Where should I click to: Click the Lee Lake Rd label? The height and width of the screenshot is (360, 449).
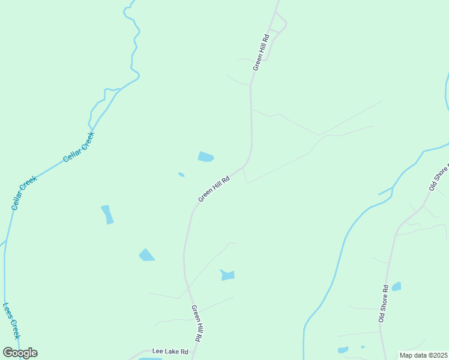(x=170, y=352)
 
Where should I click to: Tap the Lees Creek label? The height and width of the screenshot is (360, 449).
(x=11, y=321)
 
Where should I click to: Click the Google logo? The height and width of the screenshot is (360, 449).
(x=20, y=353)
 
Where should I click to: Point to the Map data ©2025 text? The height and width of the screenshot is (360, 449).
(x=423, y=355)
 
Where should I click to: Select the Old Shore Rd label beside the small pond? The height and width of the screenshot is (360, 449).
(x=384, y=304)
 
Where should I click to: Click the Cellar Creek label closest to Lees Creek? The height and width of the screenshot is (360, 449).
(x=24, y=192)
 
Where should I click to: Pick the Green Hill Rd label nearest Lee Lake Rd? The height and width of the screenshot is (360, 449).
(x=197, y=323)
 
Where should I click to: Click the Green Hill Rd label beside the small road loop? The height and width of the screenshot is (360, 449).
(x=261, y=52)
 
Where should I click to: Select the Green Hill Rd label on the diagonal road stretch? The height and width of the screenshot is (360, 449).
(x=214, y=188)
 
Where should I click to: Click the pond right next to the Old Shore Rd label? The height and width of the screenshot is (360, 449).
(x=396, y=287)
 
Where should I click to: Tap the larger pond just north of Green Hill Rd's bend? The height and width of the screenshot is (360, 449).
(x=205, y=157)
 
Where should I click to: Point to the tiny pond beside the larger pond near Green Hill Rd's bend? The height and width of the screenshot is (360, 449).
(x=181, y=175)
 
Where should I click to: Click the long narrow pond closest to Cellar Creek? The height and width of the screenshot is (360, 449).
(x=107, y=214)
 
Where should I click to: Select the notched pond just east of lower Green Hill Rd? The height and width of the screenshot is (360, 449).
(x=228, y=275)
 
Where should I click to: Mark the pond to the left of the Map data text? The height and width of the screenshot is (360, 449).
(x=343, y=350)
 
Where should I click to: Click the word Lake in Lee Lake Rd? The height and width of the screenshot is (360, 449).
(x=170, y=352)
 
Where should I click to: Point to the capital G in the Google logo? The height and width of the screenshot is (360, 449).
(x=8, y=353)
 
